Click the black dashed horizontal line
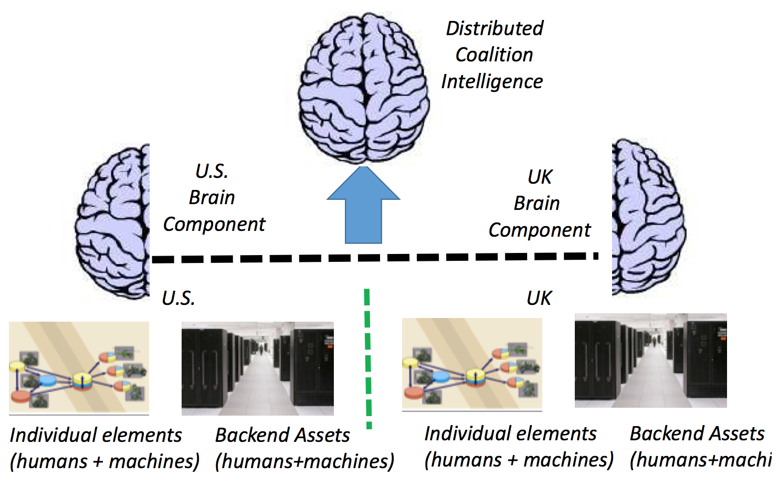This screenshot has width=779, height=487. click(374, 258)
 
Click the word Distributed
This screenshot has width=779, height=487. click(494, 28)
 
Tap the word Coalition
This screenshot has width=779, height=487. click(494, 55)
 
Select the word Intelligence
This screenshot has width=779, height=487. click(492, 81)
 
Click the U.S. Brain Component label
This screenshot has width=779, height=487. click(214, 198)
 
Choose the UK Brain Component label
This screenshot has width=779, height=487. click(539, 204)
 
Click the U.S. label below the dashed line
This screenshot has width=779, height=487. click(178, 298)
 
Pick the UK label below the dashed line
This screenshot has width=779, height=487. click(539, 298)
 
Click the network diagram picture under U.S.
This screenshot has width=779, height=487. click(79, 367)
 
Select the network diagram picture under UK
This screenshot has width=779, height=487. click(472, 365)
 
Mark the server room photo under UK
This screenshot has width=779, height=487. click(650, 361)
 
